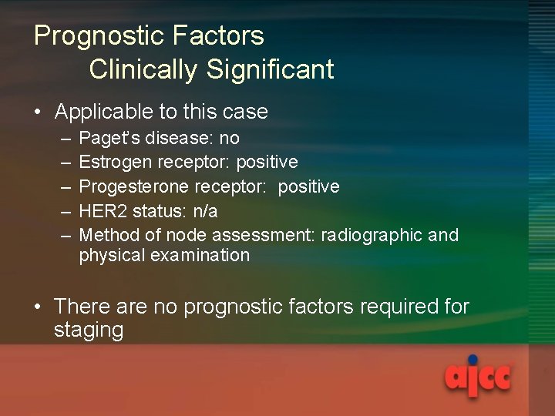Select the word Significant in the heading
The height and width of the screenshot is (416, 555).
pos(270,69)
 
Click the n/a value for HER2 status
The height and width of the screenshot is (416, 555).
pos(204,211)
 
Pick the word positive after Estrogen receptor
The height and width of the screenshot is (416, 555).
pos(267,163)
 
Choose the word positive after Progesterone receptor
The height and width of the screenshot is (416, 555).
pos(308,187)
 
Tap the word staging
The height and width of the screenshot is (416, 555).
pos(89,331)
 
